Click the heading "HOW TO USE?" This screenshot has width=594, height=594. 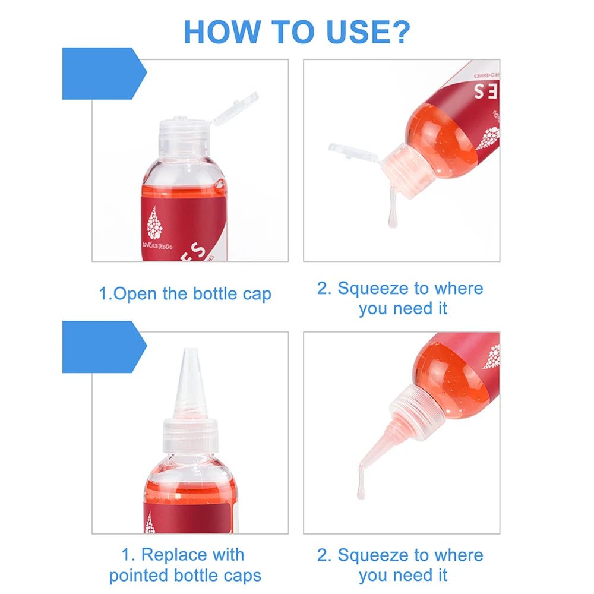coord(296,31)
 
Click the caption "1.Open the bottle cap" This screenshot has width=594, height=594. coord(185,294)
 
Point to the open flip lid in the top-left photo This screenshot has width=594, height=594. coord(236,108)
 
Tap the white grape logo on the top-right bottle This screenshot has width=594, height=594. coord(488,138)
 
